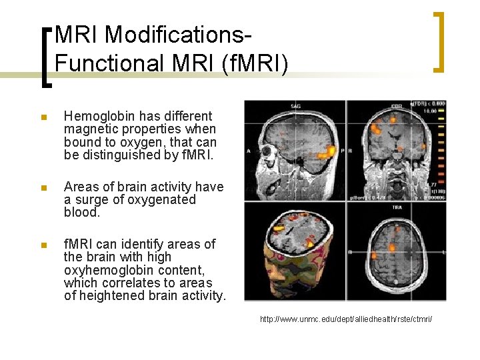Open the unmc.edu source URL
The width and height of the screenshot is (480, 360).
[346, 320]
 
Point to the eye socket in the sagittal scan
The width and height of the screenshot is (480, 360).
[270, 149]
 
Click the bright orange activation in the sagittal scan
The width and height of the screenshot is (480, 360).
[327, 152]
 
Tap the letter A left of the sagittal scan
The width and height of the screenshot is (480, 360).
[249, 151]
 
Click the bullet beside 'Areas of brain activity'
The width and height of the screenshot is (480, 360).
[43, 188]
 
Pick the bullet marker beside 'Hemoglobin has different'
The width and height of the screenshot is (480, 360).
[43, 117]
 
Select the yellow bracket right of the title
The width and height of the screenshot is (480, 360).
[439, 41]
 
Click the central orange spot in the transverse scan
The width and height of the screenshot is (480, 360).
[392, 248]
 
